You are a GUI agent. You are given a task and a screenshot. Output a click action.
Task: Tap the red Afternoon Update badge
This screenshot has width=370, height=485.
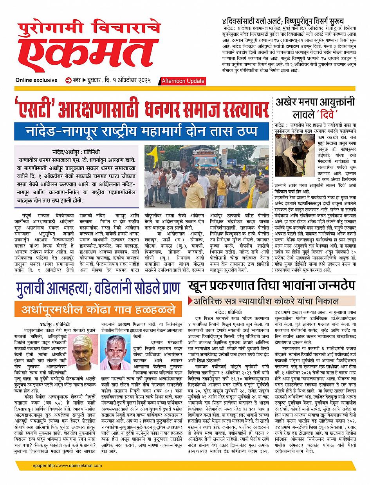coord(182,81)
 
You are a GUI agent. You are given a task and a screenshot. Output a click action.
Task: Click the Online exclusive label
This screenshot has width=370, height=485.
coord(36,80)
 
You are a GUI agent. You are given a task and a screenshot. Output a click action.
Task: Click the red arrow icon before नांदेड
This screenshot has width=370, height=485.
coord(69,80)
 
